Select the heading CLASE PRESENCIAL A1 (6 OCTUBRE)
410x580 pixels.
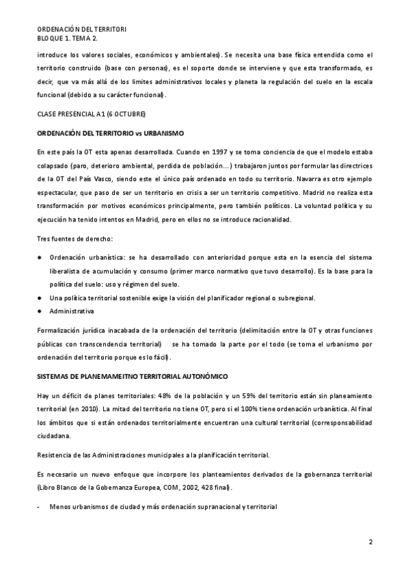[x=91, y=112]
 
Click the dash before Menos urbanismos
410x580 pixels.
[x=38, y=507]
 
